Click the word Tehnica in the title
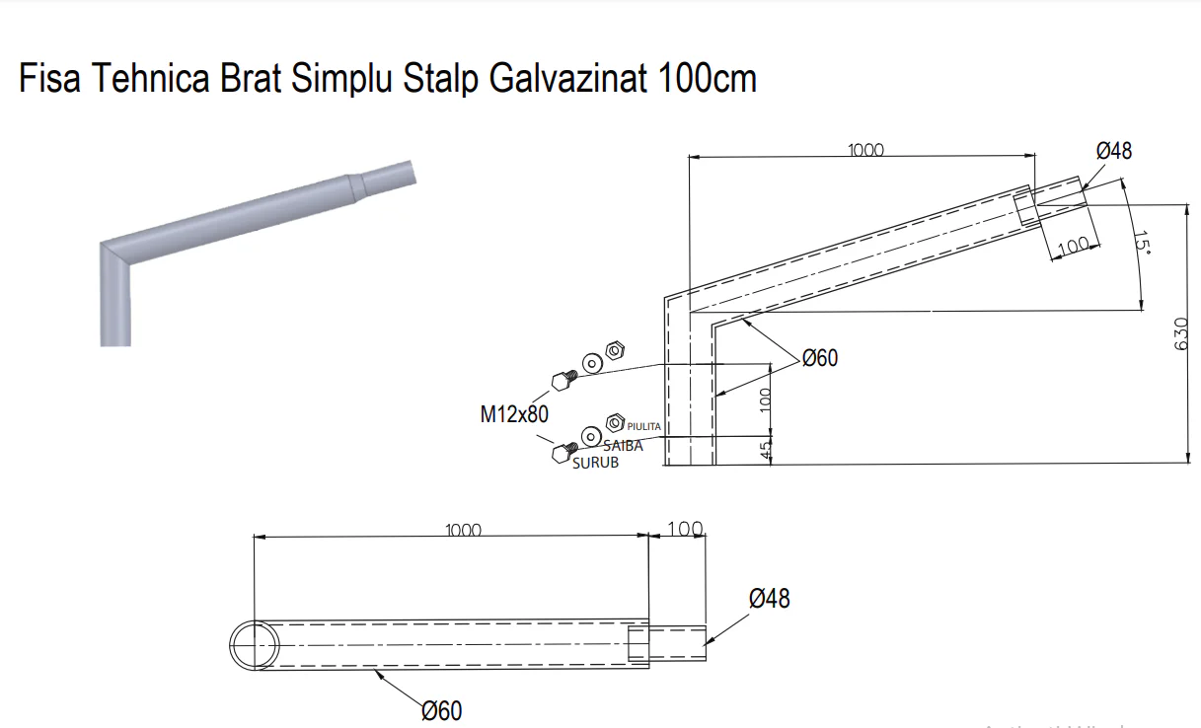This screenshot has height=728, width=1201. [150, 78]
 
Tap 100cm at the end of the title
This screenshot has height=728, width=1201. [707, 78]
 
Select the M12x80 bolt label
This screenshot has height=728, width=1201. [514, 414]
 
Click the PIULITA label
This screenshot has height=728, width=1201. [644, 427]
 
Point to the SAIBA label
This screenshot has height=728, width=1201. [623, 446]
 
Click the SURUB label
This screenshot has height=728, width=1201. [595, 463]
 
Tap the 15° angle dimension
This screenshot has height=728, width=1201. [1142, 243]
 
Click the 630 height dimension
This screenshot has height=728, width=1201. [1180, 334]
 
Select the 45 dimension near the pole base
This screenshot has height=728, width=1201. [766, 450]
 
